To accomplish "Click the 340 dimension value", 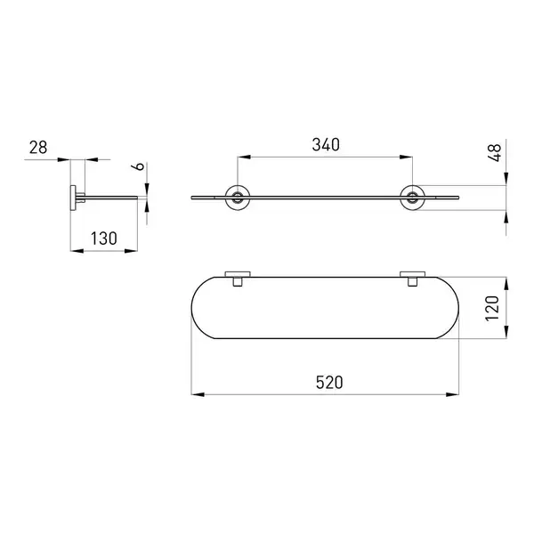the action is tap(326, 145).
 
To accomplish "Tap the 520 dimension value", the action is tap(329, 383).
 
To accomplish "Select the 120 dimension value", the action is tap(492, 308).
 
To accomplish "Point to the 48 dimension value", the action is tap(495, 152).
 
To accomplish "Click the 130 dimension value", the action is tap(104, 239).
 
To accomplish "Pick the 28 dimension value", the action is tap(38, 148).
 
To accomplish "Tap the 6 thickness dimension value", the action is tap(138, 166).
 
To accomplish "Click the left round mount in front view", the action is tap(238, 198).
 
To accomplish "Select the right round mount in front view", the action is tap(412, 198).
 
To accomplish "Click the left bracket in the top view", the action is tap(238, 278).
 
